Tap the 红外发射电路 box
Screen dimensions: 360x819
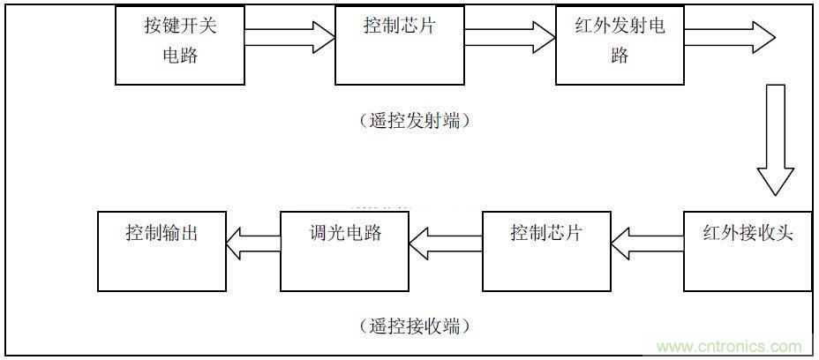point(620,44)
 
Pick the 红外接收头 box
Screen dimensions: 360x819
point(748,251)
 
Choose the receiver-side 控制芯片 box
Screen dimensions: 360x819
point(546,251)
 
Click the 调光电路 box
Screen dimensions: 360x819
point(344,251)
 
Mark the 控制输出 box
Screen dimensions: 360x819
point(162,251)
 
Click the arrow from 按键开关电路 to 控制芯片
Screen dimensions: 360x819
point(289,37)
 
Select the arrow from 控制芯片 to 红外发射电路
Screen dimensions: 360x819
point(509,37)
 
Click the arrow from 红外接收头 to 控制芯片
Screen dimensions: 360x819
point(647,236)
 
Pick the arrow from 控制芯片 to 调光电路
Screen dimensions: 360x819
point(445,236)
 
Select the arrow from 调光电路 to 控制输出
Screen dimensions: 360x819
point(253,236)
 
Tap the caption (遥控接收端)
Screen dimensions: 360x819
point(414,326)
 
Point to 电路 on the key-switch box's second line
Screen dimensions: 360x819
point(180,56)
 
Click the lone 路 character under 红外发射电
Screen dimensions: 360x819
point(620,56)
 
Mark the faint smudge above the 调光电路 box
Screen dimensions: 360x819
point(379,205)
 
